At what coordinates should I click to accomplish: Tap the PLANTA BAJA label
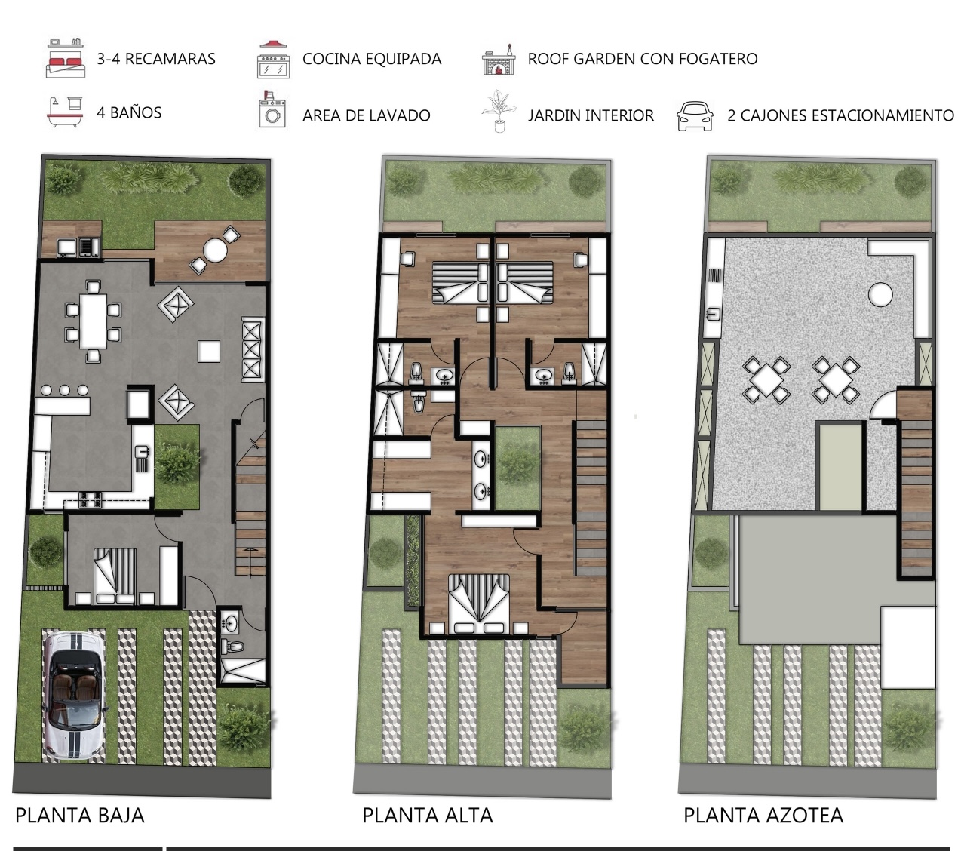[80, 816]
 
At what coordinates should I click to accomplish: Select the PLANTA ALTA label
[428, 816]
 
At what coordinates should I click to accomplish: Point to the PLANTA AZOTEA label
[763, 816]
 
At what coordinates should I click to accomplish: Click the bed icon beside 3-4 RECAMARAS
[66, 59]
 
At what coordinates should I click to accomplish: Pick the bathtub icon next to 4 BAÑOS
[65, 112]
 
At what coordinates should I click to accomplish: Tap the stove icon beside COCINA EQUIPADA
[274, 60]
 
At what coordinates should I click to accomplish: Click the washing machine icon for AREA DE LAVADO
[272, 110]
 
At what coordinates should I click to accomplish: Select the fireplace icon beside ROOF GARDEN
[499, 60]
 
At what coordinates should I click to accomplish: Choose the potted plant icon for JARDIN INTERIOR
[498, 111]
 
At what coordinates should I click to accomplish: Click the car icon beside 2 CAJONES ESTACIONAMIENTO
[695, 115]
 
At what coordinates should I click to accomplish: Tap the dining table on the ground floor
[93, 321]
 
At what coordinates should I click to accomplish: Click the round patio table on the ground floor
[215, 250]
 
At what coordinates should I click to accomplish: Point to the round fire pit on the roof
[880, 294]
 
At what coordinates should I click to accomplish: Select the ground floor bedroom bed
[115, 576]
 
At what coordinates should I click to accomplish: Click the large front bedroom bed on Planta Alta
[478, 604]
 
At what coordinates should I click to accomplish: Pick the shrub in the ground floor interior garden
[177, 463]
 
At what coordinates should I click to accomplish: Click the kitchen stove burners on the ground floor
[90, 499]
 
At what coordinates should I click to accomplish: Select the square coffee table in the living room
[209, 352]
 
